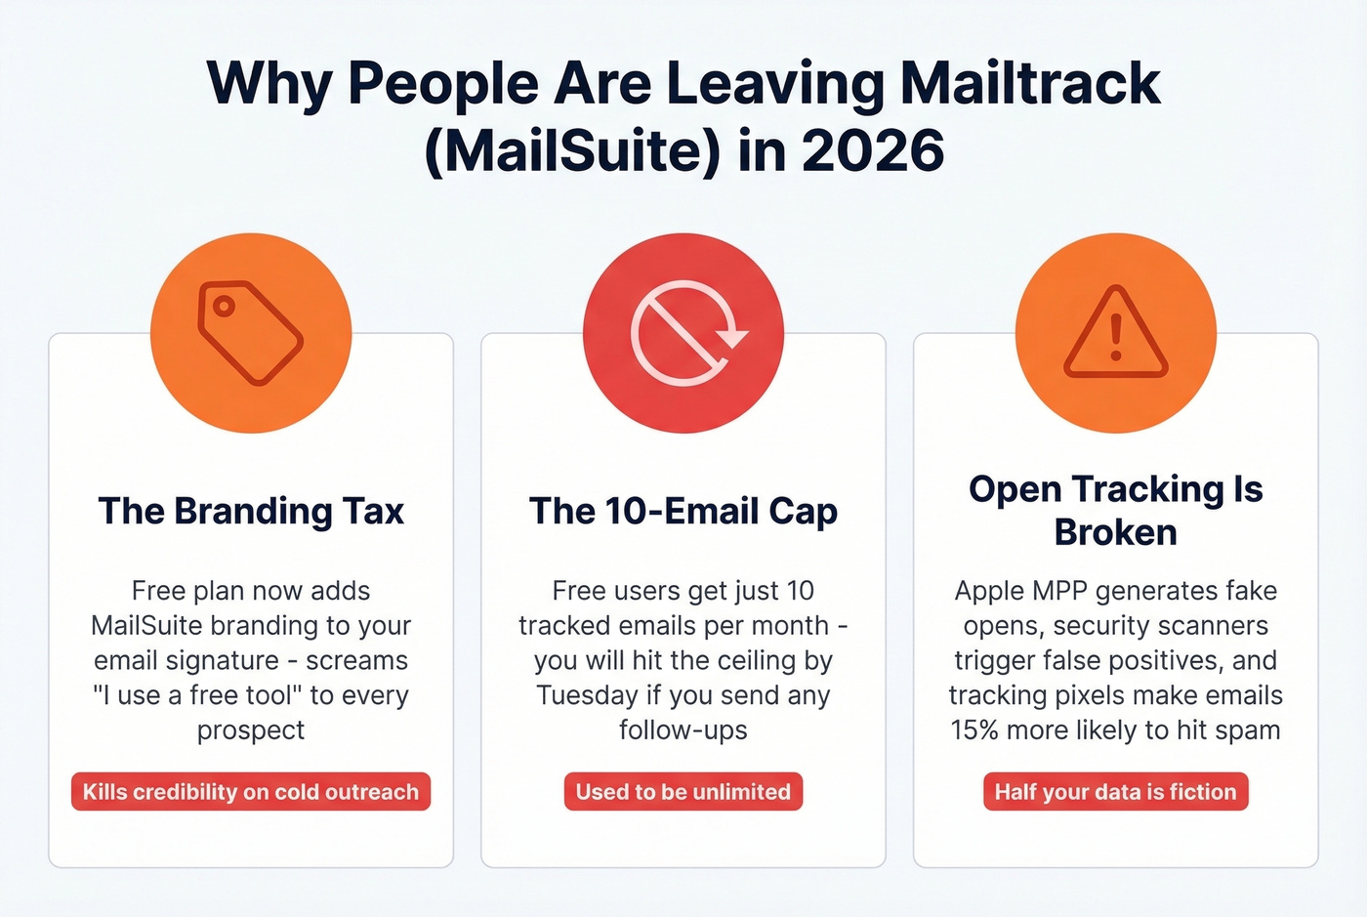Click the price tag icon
(x=251, y=333)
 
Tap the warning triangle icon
(x=1116, y=333)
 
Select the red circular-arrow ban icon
(x=683, y=333)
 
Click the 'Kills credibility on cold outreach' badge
(x=251, y=792)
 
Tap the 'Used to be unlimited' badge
(x=683, y=792)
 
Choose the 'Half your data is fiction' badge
(x=1116, y=792)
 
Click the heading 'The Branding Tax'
(x=251, y=511)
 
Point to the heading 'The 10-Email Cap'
(x=683, y=511)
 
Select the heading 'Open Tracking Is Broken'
(x=1116, y=510)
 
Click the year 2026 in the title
(x=873, y=150)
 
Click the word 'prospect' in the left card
(x=251, y=730)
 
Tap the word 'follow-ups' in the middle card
(x=683, y=730)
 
